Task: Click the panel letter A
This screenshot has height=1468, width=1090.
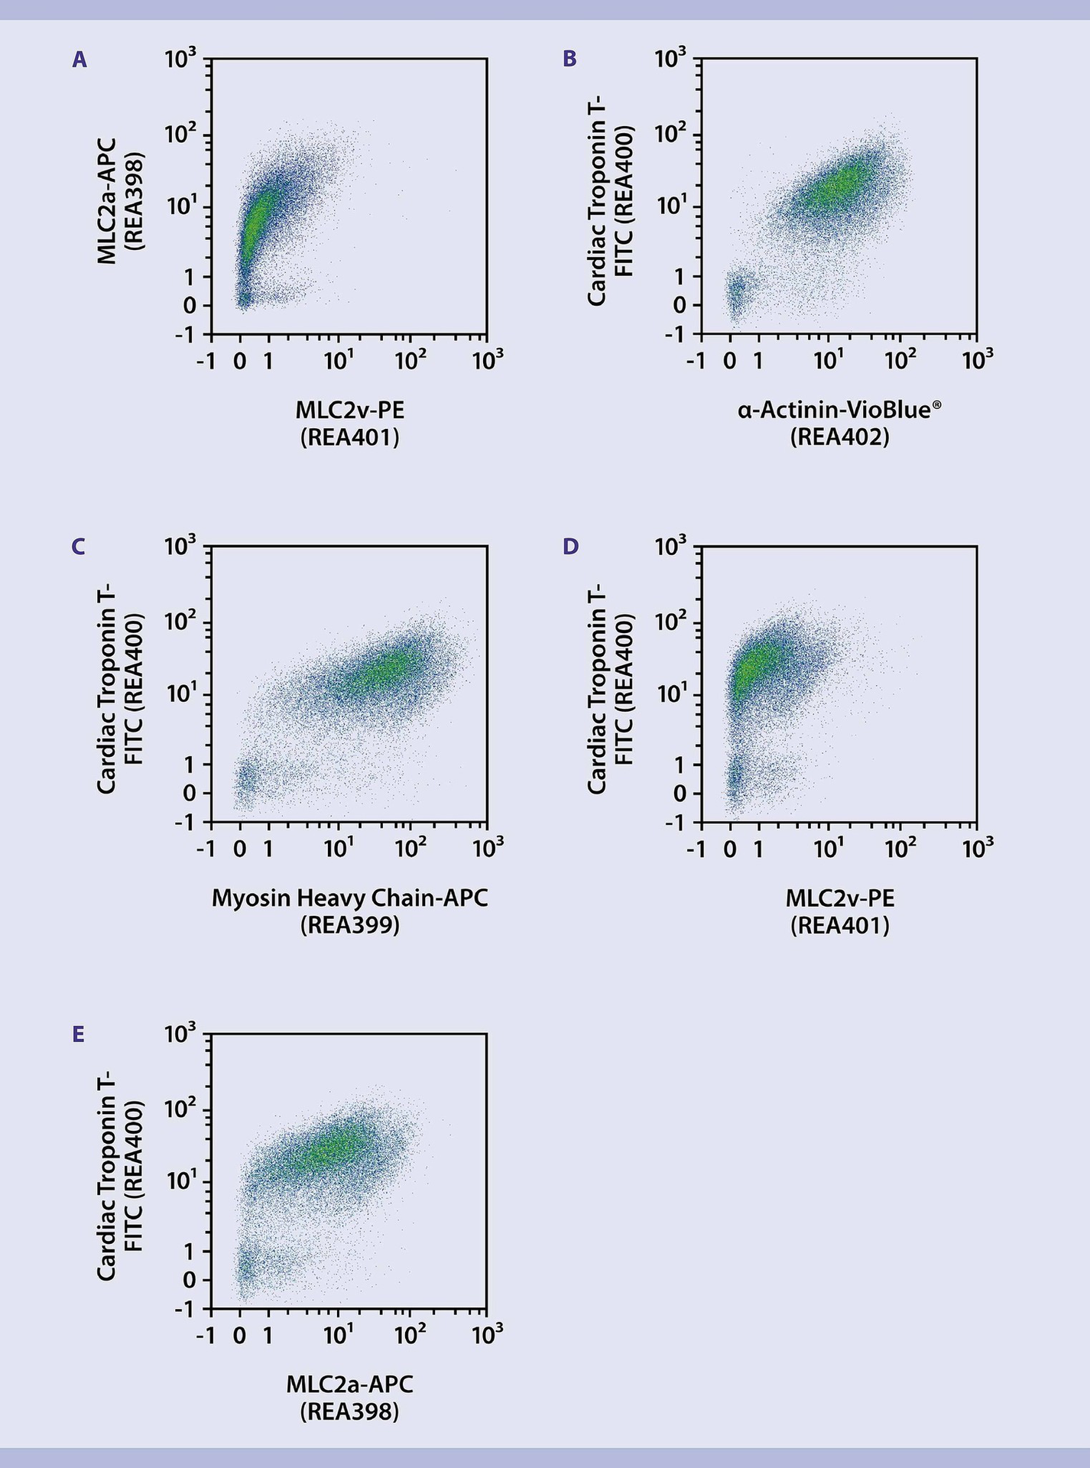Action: tap(79, 60)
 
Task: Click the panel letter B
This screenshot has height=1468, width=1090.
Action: tap(569, 60)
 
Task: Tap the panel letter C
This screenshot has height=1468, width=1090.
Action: tap(78, 547)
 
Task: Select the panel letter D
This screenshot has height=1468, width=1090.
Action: tap(570, 547)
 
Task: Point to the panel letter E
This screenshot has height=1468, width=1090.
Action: tap(78, 1034)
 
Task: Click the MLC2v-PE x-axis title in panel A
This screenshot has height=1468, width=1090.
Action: tap(349, 411)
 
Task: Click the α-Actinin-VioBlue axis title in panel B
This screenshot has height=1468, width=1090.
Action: tap(839, 411)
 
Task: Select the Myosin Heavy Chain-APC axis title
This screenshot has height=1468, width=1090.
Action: tap(349, 898)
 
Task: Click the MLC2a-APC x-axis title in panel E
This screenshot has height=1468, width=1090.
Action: tap(349, 1385)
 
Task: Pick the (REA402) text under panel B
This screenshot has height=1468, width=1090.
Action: tap(839, 438)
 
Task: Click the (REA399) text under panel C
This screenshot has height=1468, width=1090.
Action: tap(349, 925)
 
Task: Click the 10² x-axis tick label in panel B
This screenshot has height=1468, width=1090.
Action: tap(900, 359)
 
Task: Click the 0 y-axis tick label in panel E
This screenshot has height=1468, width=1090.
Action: tap(189, 1280)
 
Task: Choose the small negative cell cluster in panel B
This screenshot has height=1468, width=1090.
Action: tap(735, 297)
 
